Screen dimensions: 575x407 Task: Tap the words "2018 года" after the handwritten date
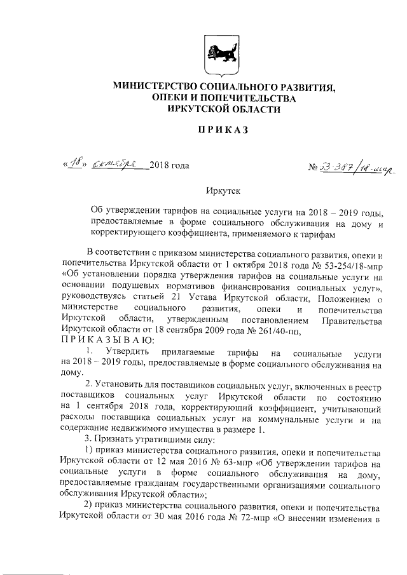pyautogui.click(x=169, y=166)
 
